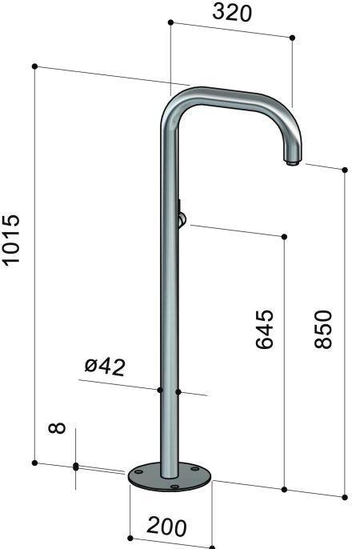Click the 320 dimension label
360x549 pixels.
tap(233, 13)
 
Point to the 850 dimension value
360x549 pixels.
tap(322, 328)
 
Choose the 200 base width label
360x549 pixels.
tap(166, 527)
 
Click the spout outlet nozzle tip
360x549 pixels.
tap(292, 163)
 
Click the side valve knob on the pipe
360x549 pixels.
tap(182, 217)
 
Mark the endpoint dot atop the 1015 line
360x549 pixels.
tap(35, 66)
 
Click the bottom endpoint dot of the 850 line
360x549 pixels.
tap(345, 497)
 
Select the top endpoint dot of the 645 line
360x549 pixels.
tap(285, 236)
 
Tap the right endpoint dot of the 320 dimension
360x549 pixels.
tap(293, 38)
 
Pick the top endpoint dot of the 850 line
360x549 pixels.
tap(345, 170)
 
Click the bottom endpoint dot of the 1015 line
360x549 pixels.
tap(35, 463)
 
